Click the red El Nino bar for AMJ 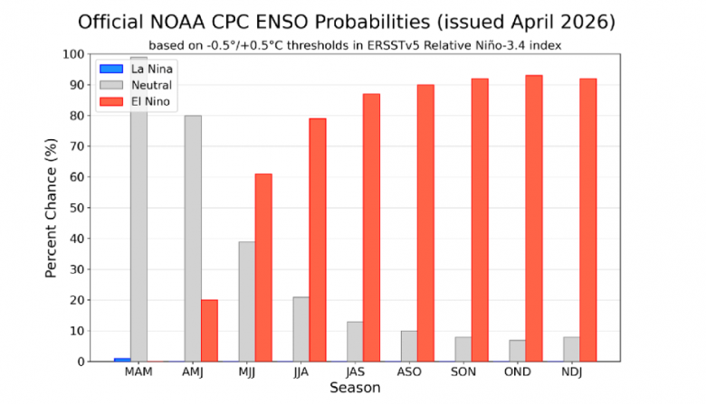coord(209,331)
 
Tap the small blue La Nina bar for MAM coord(121,360)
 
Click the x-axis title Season coord(354,389)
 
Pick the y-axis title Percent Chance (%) coord(53,208)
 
